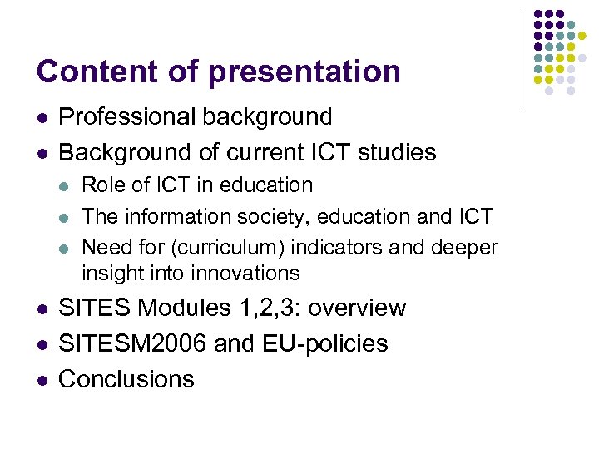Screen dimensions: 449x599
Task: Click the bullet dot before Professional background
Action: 41,117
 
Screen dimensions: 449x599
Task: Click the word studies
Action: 395,153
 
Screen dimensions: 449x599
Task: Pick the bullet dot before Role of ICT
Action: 66,185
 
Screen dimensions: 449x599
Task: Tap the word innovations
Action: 247,274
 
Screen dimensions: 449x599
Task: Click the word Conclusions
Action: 126,379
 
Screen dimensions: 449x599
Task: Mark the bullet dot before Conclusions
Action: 41,379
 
